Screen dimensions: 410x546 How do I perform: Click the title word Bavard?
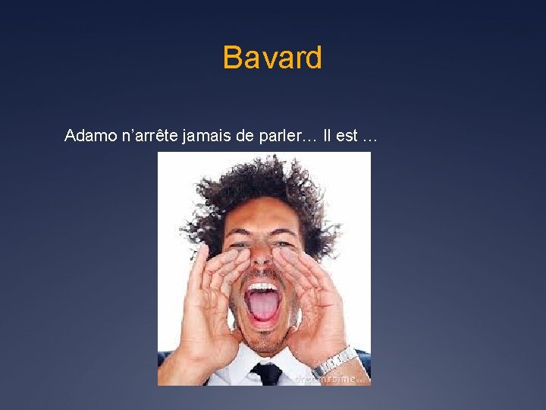272,58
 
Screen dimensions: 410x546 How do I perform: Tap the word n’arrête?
144,136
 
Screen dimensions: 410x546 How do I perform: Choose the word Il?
327,136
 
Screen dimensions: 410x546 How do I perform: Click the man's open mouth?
262,304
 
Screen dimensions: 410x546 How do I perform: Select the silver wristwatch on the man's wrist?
334,360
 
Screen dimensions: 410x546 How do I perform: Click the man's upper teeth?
262,289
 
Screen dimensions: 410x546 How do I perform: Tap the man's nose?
262,262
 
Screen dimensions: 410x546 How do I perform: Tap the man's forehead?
262,220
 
